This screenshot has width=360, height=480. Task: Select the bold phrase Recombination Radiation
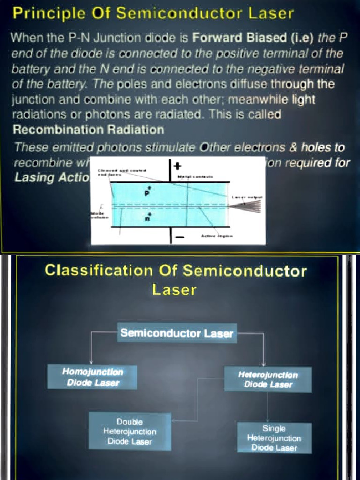pos(88,129)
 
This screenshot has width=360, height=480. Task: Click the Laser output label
pos(247,198)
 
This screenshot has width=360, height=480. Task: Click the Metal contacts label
pos(195,176)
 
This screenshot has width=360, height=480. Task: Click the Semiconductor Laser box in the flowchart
pos(177,333)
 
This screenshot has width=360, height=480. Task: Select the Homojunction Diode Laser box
pos(92,377)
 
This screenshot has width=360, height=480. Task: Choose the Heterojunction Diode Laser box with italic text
pos(268,379)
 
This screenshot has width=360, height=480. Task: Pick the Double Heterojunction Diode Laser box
pos(129,431)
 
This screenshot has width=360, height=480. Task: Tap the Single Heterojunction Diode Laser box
pos(274,438)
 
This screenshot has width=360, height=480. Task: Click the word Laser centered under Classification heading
pos(174,290)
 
